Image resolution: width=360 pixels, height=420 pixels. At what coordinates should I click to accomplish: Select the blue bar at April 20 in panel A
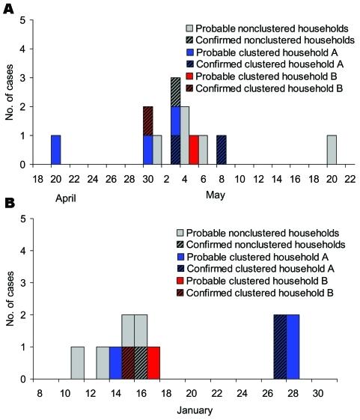[55, 150]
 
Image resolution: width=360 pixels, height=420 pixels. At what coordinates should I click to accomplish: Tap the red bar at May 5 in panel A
[194, 150]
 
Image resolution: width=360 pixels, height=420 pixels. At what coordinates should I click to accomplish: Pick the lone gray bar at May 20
[332, 150]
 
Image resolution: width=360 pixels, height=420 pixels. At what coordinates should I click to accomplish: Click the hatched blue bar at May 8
[222, 150]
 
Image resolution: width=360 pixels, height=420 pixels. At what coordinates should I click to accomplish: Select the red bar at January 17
[153, 362]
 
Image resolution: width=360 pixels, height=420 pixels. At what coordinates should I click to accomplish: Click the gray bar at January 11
[78, 362]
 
